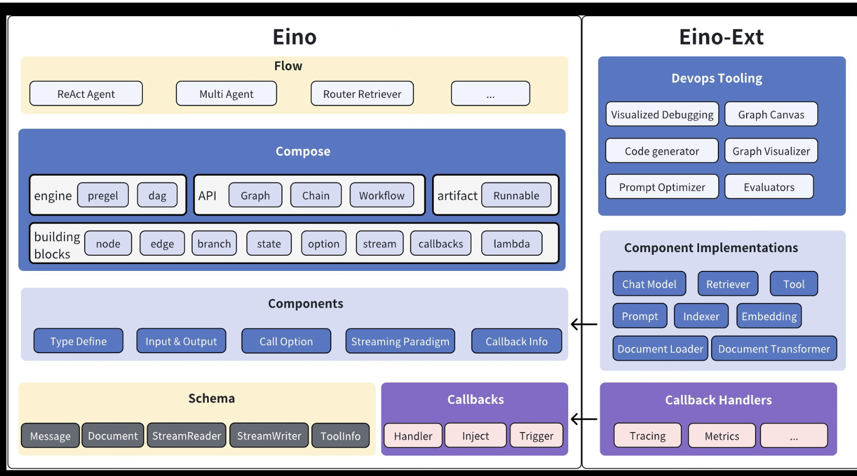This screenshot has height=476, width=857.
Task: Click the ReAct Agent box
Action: (x=86, y=94)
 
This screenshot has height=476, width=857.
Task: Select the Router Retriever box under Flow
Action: (x=362, y=94)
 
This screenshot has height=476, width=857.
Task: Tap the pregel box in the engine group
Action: (x=103, y=195)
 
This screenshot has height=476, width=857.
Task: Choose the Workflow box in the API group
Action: (x=381, y=195)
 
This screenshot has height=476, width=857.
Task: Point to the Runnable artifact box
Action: (x=516, y=195)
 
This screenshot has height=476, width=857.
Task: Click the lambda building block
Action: (x=511, y=243)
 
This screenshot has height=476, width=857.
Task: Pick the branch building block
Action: (x=214, y=243)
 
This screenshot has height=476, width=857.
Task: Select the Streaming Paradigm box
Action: (x=400, y=341)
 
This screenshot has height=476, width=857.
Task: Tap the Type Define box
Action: (x=78, y=341)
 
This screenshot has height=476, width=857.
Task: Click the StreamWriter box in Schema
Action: (x=269, y=435)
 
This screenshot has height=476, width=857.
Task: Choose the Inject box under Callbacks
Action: (x=475, y=435)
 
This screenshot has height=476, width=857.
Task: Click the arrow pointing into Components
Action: (x=583, y=324)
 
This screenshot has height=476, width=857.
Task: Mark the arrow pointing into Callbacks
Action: (x=583, y=418)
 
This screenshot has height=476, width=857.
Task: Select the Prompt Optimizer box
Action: (x=662, y=187)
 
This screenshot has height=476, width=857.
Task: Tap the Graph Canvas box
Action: (x=771, y=114)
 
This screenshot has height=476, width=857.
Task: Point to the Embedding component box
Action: (x=769, y=316)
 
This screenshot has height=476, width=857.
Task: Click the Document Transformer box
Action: (x=774, y=348)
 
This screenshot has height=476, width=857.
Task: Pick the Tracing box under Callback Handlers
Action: (x=647, y=435)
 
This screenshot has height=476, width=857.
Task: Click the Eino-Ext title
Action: (x=721, y=37)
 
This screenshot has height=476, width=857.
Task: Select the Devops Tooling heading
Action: (x=717, y=78)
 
